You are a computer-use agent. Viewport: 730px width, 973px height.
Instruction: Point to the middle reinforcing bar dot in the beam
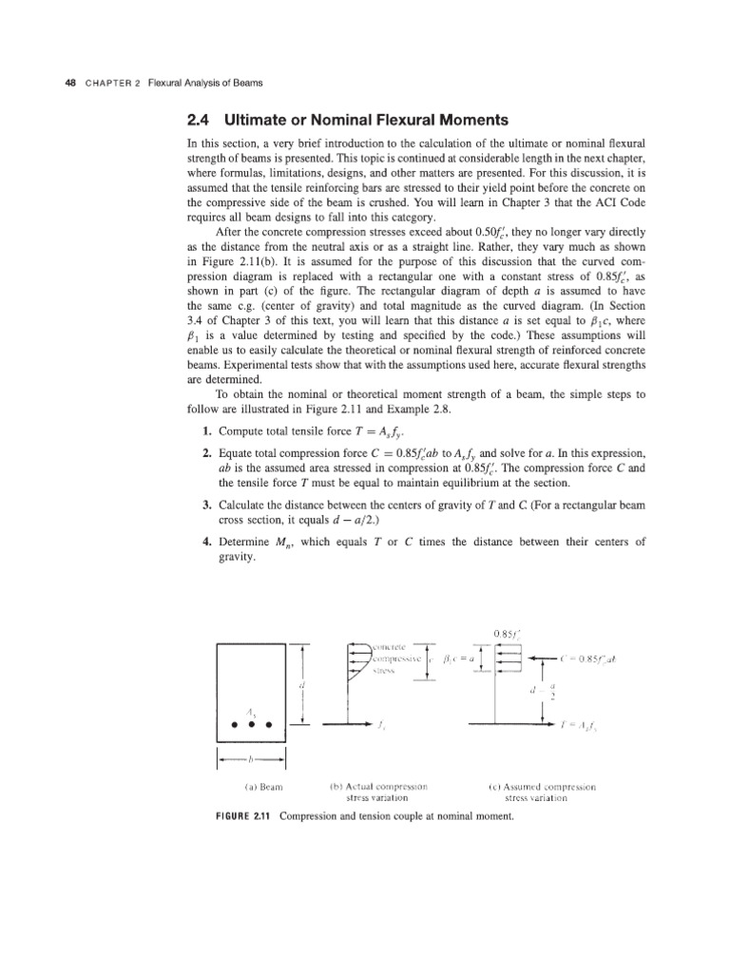point(251,724)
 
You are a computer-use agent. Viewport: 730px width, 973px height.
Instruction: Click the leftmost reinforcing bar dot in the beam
point(232,724)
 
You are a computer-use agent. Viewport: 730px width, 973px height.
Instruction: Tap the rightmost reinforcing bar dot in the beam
point(269,724)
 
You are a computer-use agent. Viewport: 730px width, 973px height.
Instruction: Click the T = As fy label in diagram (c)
point(582,724)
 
